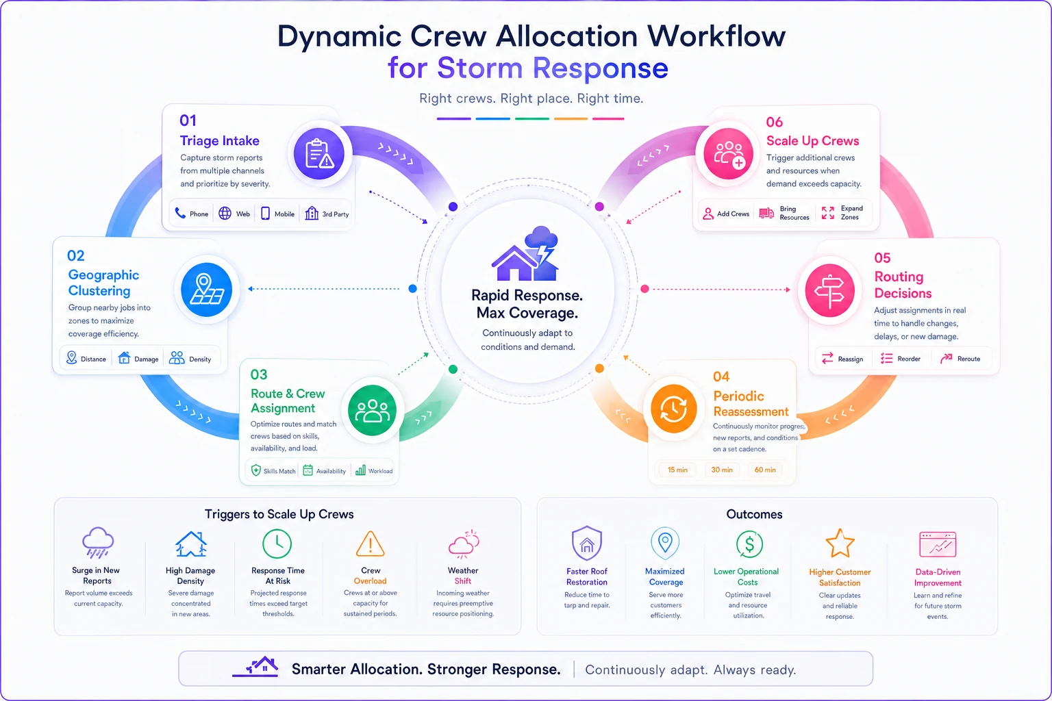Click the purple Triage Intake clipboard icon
tap(319, 153)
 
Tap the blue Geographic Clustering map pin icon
tap(206, 289)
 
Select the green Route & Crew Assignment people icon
tap(372, 410)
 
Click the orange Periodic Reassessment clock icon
tap(673, 409)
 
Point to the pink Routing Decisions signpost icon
tap(830, 290)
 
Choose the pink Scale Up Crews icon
tap(728, 153)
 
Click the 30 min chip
tap(722, 470)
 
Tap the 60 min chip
tap(765, 470)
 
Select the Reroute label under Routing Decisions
tap(968, 359)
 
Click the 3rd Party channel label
tap(336, 214)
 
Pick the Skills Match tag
tap(279, 471)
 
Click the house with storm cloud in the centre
tap(525, 253)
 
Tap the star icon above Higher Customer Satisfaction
tap(840, 544)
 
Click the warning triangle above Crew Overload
tap(370, 544)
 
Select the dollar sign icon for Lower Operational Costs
tap(749, 544)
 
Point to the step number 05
tap(882, 258)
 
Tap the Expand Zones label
tap(851, 213)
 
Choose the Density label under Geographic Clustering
tap(200, 359)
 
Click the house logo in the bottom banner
tap(256, 667)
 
